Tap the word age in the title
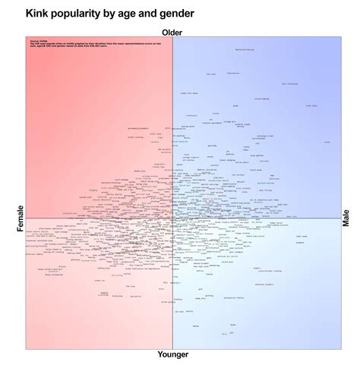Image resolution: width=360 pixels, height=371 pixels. pyautogui.click(x=122, y=14)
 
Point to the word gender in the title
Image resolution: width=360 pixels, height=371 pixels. pyautogui.click(x=175, y=14)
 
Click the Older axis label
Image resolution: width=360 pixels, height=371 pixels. pyautogui.click(x=172, y=31)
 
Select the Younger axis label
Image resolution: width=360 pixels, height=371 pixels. pyautogui.click(x=172, y=354)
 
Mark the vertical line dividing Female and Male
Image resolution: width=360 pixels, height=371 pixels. pyautogui.click(x=172, y=114)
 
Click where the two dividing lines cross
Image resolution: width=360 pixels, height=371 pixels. pyautogui.click(x=172, y=219)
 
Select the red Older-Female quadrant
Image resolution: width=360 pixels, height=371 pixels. pyautogui.click(x=91, y=114)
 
